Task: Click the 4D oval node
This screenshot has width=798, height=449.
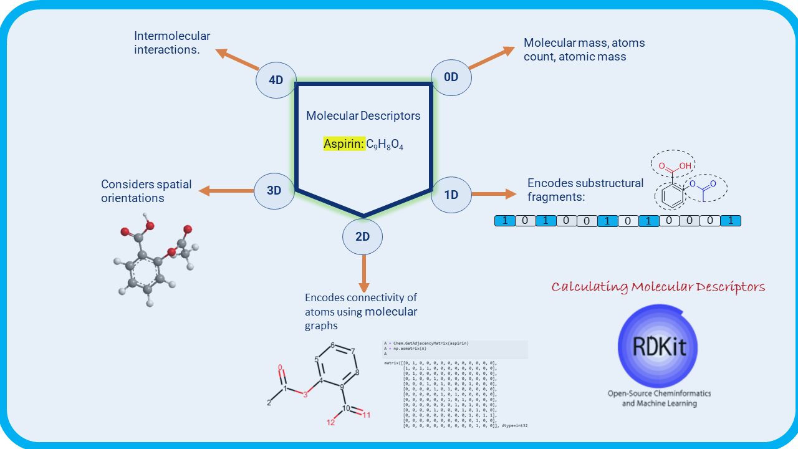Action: pyautogui.click(x=276, y=80)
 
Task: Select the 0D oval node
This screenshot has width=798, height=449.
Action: pyautogui.click(x=451, y=77)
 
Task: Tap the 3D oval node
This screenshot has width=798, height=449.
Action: pyautogui.click(x=274, y=191)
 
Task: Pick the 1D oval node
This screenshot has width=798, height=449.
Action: pyautogui.click(x=451, y=194)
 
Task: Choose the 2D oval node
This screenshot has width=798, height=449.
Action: pyautogui.click(x=362, y=237)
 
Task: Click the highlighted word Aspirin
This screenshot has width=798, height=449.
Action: pyautogui.click(x=344, y=144)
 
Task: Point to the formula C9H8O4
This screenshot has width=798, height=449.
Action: pyautogui.click(x=385, y=145)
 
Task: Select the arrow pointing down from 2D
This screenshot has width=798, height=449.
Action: pyautogui.click(x=362, y=270)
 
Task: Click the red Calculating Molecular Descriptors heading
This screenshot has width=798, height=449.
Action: pyautogui.click(x=658, y=287)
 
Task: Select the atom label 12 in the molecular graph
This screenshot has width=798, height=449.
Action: pyautogui.click(x=331, y=422)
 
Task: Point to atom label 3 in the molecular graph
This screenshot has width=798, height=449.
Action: pyautogui.click(x=305, y=394)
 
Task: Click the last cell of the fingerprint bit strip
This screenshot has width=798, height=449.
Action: pyautogui.click(x=731, y=221)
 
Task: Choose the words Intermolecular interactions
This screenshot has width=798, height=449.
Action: pyautogui.click(x=172, y=43)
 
